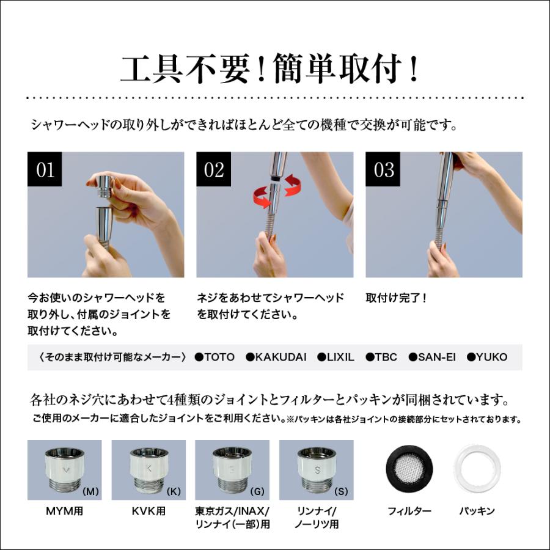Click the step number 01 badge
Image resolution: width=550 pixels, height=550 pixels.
coord(45,169)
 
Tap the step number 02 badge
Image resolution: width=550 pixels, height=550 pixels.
coord(214,169)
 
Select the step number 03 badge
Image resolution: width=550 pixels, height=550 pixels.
coord(383,169)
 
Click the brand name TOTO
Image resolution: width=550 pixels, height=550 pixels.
coord(219,357)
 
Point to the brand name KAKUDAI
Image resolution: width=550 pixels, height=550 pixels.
coord(280,357)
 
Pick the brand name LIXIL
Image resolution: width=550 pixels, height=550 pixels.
coord(340,357)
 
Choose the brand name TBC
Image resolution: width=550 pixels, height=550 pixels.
coord(386,357)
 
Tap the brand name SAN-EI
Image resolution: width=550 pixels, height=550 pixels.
coord(437,357)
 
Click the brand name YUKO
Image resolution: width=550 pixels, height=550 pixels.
coord(492,357)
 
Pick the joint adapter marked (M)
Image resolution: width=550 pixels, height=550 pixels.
coord(64,470)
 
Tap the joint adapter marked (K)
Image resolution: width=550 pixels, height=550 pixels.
coord(148,470)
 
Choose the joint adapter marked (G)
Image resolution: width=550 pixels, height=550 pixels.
coord(232,470)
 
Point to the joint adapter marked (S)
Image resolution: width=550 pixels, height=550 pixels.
coord(317,470)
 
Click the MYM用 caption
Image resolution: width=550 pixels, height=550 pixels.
coord(65,511)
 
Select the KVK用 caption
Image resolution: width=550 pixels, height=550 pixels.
coord(148,511)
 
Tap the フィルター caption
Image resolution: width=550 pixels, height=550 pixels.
coord(409,511)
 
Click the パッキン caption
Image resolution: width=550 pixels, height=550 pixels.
coord(477,511)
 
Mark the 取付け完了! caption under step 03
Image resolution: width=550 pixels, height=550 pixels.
coord(396,298)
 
